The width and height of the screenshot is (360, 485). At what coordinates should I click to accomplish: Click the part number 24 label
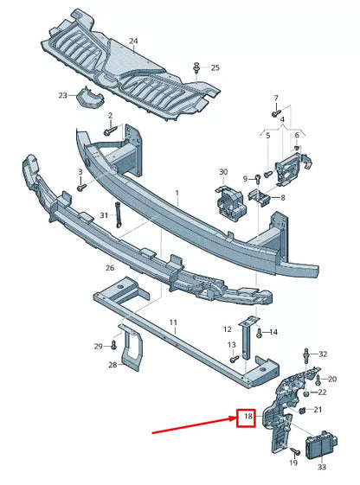point(133,41)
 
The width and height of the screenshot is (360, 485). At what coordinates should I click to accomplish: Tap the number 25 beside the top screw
point(215,67)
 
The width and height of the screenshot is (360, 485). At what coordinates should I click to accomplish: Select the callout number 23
point(62,95)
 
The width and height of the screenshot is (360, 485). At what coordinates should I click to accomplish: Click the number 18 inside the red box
point(247,418)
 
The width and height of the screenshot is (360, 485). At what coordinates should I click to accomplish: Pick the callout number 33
point(321,467)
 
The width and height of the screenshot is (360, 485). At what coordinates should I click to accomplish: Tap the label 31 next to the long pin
point(103,214)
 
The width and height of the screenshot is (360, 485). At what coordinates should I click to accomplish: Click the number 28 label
point(113,366)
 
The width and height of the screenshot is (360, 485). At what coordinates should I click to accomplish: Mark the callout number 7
point(276,98)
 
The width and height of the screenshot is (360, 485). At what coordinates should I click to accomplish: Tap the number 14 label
point(273,331)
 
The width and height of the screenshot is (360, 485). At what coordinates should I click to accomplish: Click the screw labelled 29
point(112,345)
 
